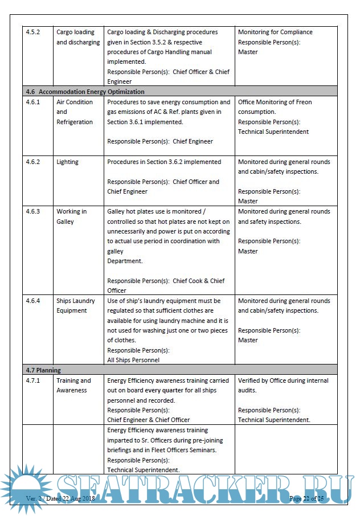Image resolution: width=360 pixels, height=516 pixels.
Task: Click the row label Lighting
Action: pos(67,162)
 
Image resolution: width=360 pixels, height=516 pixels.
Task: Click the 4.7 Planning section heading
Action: pos(43,370)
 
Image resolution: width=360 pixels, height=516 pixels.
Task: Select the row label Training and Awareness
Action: pos(73,386)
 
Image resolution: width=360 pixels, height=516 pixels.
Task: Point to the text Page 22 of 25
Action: pos(306,499)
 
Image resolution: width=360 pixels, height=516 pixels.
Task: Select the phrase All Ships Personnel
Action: pos(133,360)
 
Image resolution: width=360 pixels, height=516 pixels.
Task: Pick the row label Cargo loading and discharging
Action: pos(77,38)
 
